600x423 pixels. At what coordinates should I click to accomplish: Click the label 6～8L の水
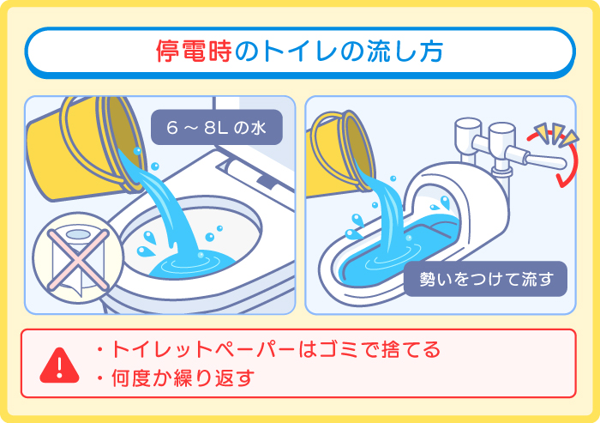pyautogui.click(x=216, y=128)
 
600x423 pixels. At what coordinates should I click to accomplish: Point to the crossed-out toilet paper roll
pyautogui.click(x=73, y=257)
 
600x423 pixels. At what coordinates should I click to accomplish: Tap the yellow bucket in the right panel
pyautogui.click(x=343, y=146)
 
